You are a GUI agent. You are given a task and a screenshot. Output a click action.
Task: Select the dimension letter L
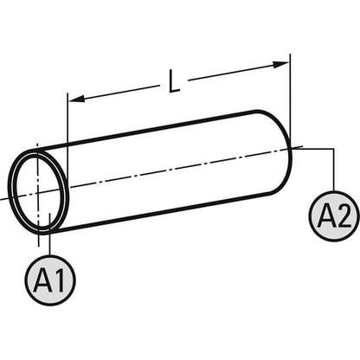click(174, 81)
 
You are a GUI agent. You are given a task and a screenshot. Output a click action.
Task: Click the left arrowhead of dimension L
click(77, 99)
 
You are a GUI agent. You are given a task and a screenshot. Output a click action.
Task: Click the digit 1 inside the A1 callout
click(61, 280)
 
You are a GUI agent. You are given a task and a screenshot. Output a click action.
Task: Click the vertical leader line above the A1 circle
click(50, 234)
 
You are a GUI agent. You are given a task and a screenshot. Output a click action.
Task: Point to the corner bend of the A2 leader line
click(334, 149)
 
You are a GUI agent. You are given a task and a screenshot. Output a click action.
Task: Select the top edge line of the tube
click(147, 131)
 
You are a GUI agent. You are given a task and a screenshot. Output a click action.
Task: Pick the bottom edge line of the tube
click(162, 211)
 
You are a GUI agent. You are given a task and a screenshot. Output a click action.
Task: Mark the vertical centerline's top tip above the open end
click(37, 143)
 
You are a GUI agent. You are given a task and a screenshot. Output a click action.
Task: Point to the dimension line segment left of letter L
click(114, 93)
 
